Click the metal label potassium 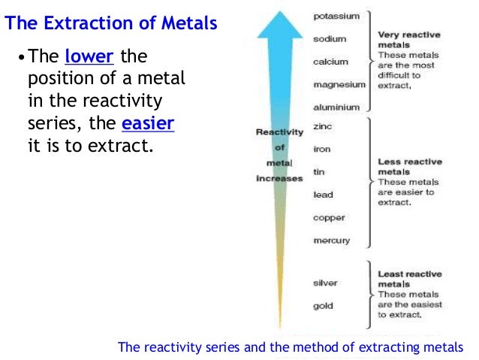(x=336, y=16)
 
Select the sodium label (x=330, y=38)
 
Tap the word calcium (x=330, y=62)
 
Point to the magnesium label (x=339, y=84)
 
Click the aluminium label (x=336, y=107)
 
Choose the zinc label (x=322, y=127)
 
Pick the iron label (x=321, y=149)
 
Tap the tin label (x=318, y=171)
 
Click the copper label (x=329, y=218)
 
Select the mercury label (x=331, y=241)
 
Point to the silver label (x=325, y=283)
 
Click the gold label (x=323, y=306)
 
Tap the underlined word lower (x=86, y=57)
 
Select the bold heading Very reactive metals (x=409, y=39)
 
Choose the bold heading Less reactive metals (x=409, y=166)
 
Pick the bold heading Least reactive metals (x=410, y=280)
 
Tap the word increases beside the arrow (x=279, y=179)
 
